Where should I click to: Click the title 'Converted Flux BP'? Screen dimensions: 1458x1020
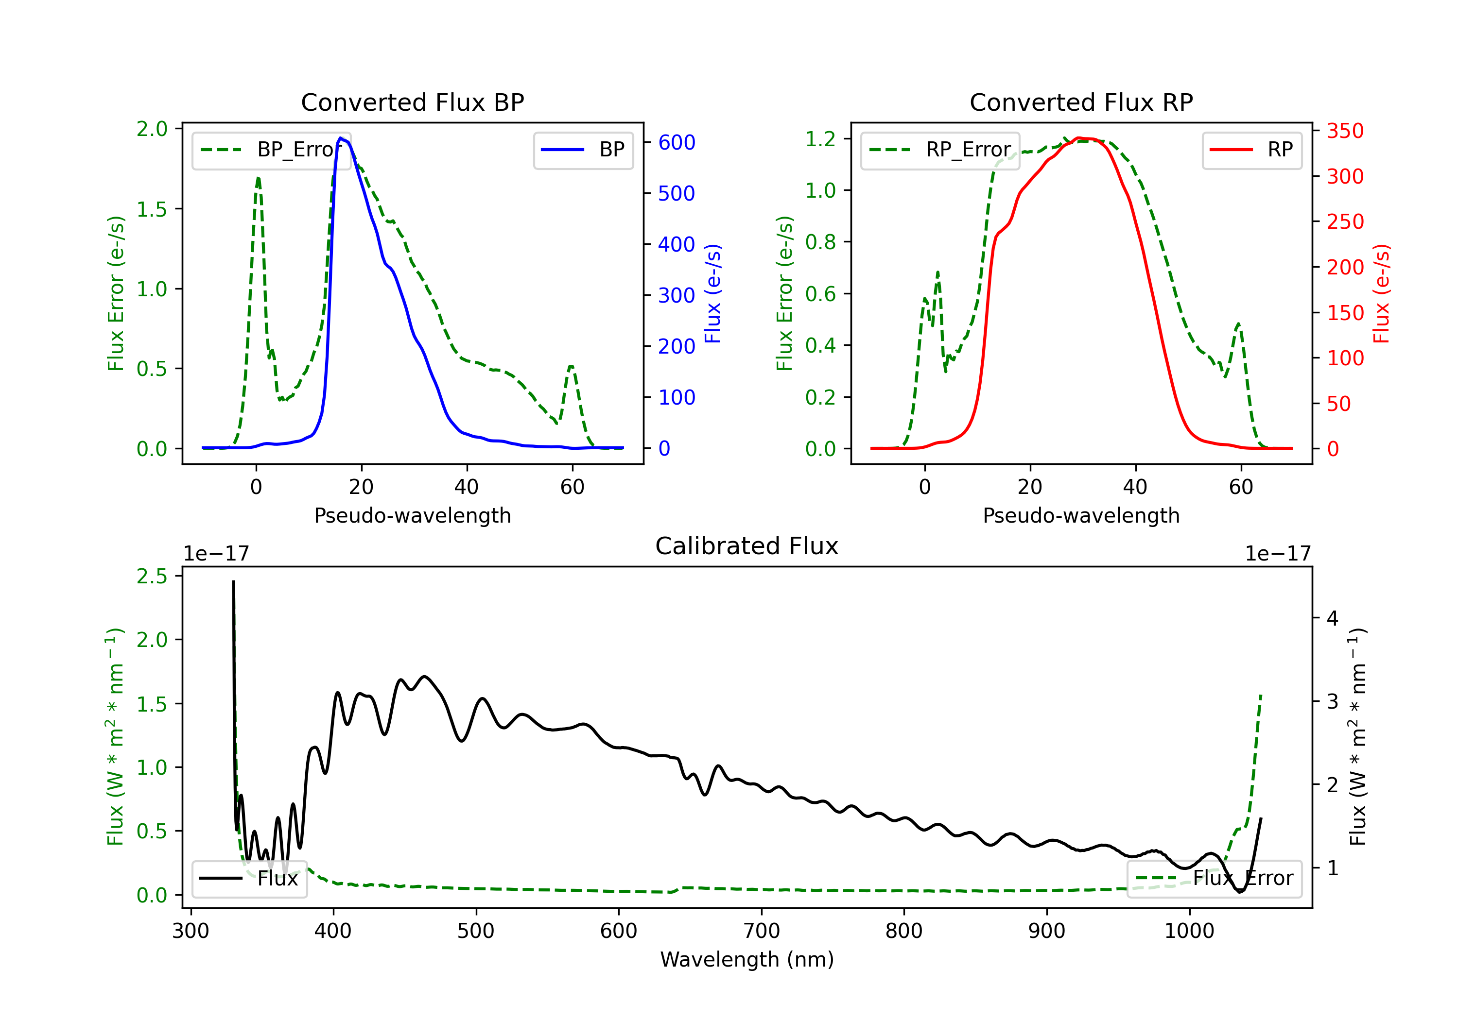point(412,102)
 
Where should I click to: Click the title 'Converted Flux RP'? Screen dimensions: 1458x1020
point(1081,102)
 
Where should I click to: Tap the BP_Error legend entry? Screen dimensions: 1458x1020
point(271,150)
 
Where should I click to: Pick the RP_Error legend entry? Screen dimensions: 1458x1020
point(940,150)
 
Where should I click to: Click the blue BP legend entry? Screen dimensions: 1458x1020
point(583,150)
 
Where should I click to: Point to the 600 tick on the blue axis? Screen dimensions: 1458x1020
point(677,142)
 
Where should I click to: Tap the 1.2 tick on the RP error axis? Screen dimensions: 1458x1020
point(820,138)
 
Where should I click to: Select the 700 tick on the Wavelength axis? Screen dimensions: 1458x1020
point(761,931)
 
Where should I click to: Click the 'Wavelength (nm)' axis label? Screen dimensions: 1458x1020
point(747,959)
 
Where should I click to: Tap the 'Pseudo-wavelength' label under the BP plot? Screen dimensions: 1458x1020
point(412,515)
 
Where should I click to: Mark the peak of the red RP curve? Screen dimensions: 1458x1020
point(1079,138)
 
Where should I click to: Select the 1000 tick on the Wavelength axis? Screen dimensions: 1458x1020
point(1189,931)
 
